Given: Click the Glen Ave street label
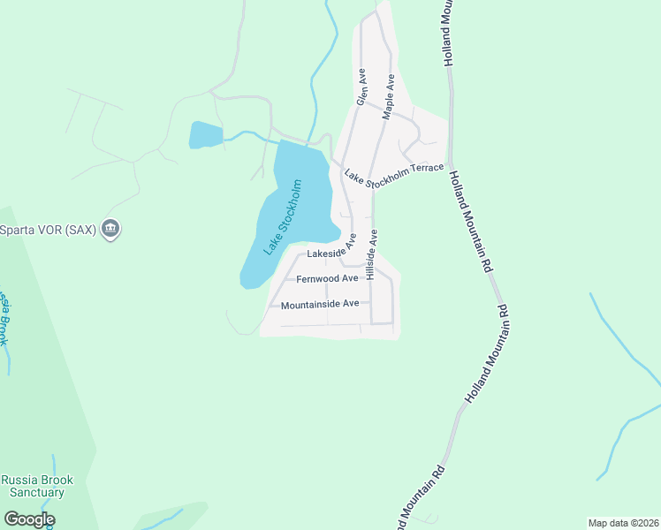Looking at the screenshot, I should (x=361, y=87).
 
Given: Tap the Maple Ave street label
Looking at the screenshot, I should (x=387, y=97).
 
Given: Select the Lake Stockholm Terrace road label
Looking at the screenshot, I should (x=393, y=177).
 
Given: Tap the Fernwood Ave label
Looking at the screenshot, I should (x=327, y=278).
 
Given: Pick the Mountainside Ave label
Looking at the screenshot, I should (x=320, y=304).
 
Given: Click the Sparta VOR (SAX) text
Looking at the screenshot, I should (x=47, y=230).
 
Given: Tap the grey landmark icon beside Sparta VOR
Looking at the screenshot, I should (x=110, y=230).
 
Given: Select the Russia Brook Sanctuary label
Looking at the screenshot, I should (x=37, y=486).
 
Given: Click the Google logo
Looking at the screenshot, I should (x=29, y=519).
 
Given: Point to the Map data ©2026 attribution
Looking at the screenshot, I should (x=623, y=523).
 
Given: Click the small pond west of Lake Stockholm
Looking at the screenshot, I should (x=204, y=135).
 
